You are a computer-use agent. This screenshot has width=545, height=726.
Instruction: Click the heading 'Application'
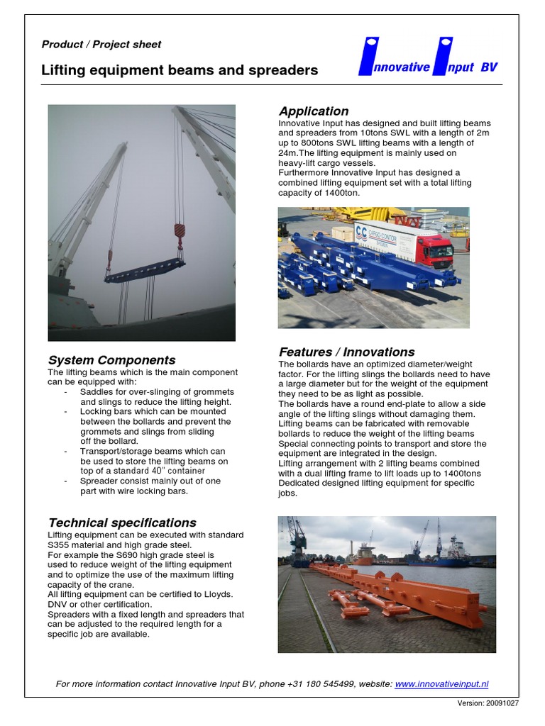click(x=313, y=111)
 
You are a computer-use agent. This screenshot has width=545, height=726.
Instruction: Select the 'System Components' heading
click(x=111, y=360)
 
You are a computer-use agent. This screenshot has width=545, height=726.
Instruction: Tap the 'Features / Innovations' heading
click(x=346, y=352)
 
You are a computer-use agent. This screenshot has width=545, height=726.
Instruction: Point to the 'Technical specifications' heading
click(x=121, y=523)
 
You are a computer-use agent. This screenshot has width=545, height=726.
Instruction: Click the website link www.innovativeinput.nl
click(x=441, y=684)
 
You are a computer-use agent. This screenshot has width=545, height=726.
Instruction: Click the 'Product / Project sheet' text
click(x=101, y=45)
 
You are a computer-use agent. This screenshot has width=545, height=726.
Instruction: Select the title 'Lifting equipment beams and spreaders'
click(x=180, y=71)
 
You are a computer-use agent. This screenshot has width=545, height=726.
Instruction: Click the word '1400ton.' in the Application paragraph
click(x=338, y=193)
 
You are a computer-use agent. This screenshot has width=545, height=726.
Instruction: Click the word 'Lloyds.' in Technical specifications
click(x=218, y=594)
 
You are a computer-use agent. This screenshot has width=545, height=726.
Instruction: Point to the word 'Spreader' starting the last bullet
click(x=101, y=481)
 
